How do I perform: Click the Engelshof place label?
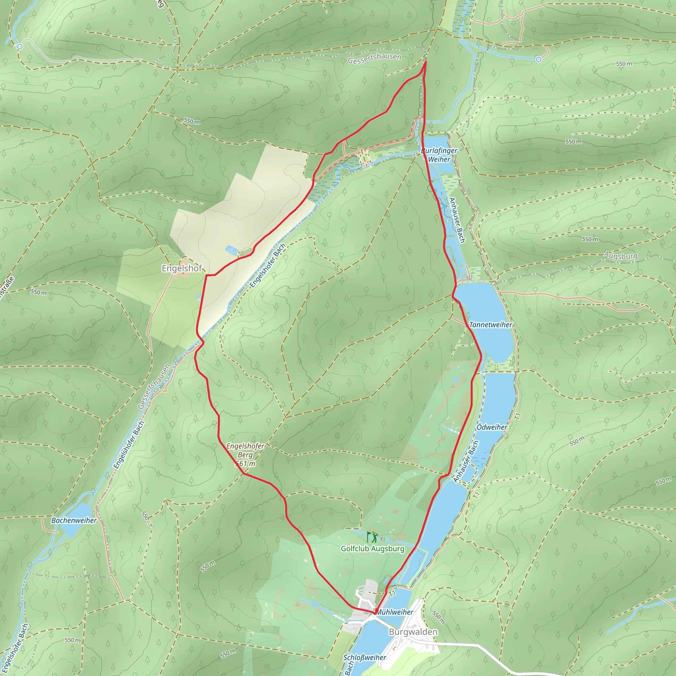tap(182, 268)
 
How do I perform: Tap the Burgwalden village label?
tap(413, 631)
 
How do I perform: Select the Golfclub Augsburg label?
tap(372, 549)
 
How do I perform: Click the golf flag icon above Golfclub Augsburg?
tap(372, 537)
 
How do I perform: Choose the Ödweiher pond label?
tap(491, 427)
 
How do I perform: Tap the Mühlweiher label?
tap(395, 612)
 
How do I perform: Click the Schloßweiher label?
tap(364, 658)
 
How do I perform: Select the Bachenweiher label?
tap(74, 520)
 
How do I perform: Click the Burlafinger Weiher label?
tap(439, 155)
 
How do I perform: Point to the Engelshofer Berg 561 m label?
tap(245, 455)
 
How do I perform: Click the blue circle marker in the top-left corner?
tap(20, 46)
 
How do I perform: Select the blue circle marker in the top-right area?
tap(538, 59)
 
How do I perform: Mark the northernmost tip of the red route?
tap(425, 62)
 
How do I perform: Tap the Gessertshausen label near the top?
tap(374, 58)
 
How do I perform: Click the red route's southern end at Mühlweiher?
tap(374, 613)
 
